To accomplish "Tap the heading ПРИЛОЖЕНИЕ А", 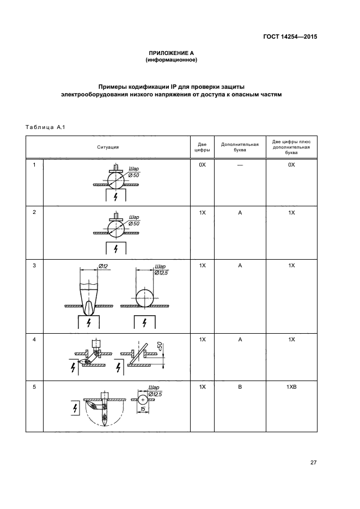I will (171, 53).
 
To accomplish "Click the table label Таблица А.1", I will (45, 127).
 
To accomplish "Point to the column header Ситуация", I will (108, 147).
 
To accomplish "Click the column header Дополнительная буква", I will (239, 147).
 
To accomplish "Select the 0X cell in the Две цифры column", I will (202, 165).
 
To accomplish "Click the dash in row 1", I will (239, 165).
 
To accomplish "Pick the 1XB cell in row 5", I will (291, 388).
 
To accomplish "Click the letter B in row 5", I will (239, 388).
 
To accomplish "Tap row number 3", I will (34, 266).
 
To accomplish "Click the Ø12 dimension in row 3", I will (104, 266).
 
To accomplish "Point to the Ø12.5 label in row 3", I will (162, 272).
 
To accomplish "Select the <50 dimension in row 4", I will (159, 346).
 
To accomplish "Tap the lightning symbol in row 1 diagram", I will (115, 197).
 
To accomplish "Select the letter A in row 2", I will (239, 212).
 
